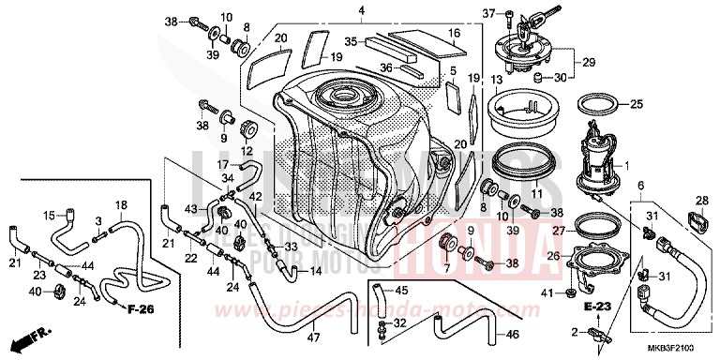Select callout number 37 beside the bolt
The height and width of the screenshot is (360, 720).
(x=487, y=13)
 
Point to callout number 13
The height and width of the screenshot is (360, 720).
(x=497, y=81)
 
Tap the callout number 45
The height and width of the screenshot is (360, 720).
(x=402, y=290)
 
